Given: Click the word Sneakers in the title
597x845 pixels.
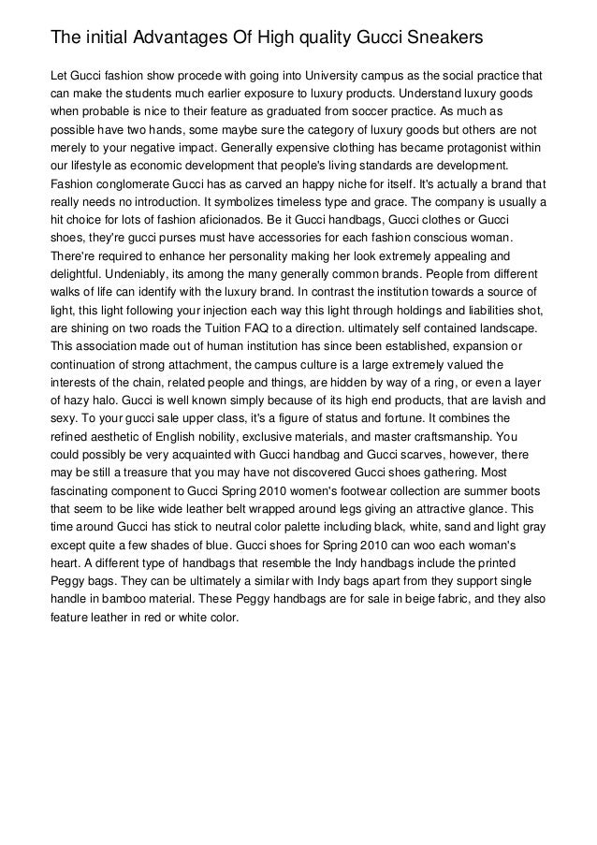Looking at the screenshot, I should tap(441, 38).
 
